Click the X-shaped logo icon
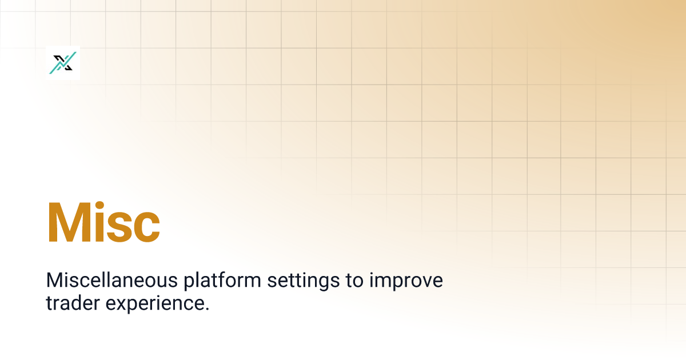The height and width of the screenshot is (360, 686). pos(63,63)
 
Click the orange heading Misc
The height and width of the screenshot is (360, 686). pos(103,222)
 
